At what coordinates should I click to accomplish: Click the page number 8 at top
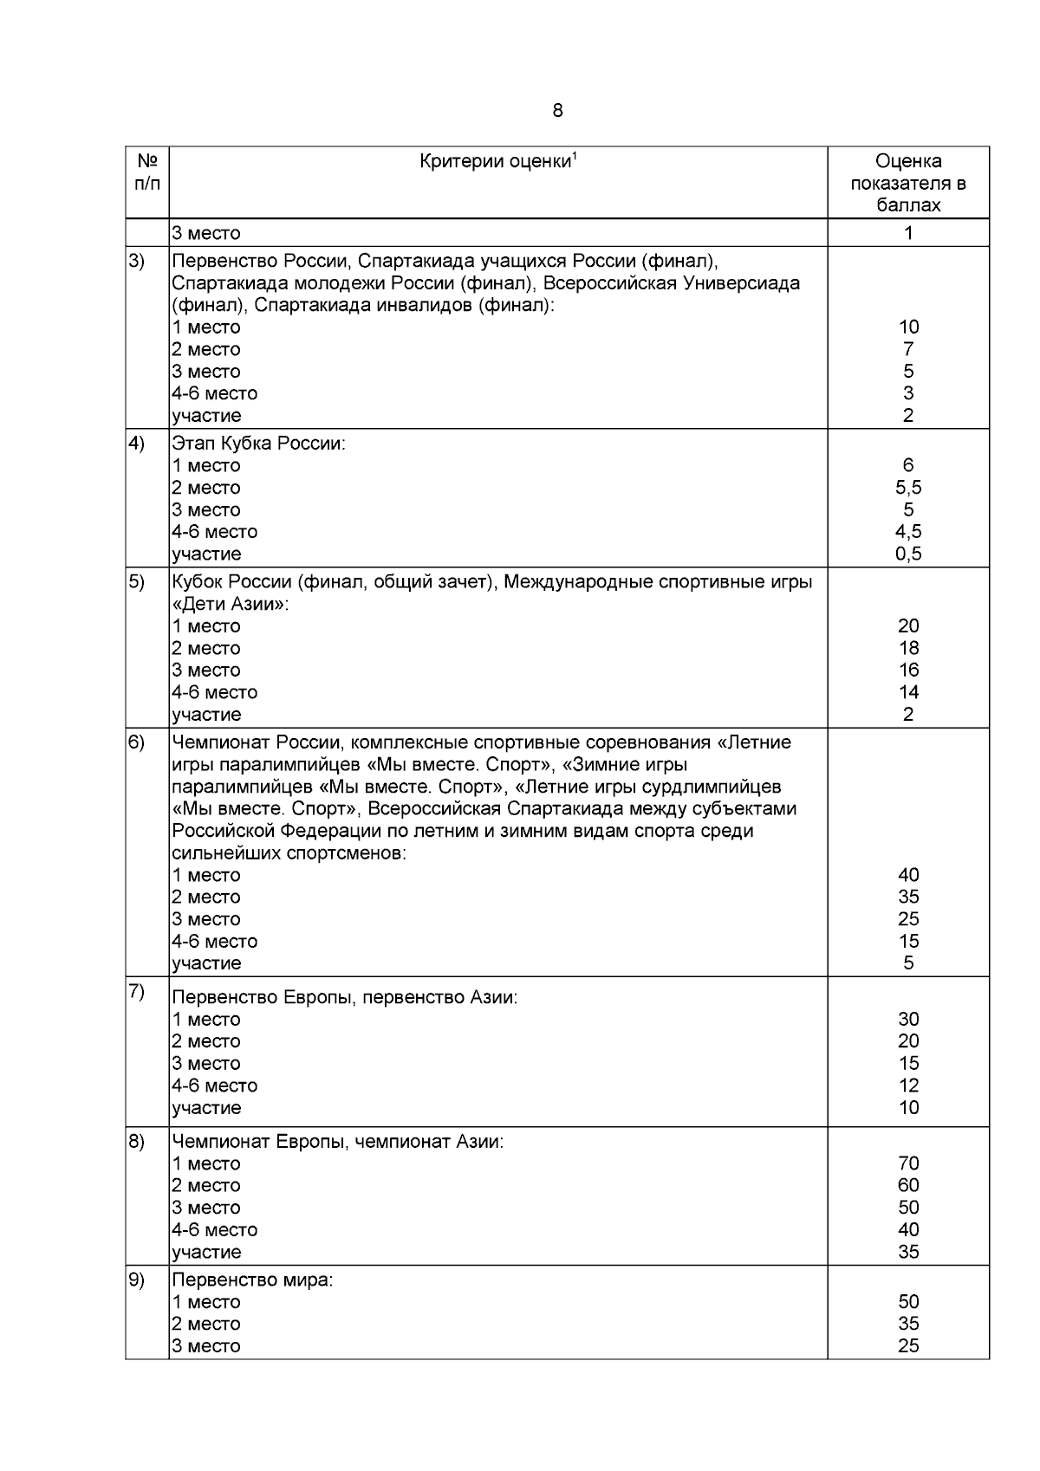[556, 111]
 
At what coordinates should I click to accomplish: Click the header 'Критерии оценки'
[495, 162]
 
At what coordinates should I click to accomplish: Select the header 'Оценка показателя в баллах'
[907, 183]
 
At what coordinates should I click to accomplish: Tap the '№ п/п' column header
[146, 172]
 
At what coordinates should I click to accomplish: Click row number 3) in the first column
[137, 262]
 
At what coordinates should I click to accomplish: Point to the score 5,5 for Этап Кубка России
[907, 488]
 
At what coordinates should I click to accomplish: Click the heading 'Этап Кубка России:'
[258, 444]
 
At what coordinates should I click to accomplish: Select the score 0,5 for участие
[907, 554]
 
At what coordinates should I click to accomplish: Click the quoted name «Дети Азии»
[230, 604]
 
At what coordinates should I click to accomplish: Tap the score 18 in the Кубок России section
[907, 648]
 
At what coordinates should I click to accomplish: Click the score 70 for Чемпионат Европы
[907, 1163]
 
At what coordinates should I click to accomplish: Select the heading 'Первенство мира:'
[251, 1280]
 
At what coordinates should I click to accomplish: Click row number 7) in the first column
[137, 992]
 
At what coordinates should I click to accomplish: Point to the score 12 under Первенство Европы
[907, 1085]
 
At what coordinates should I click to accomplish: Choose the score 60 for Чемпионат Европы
[907, 1185]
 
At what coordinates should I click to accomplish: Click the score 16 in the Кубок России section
[907, 670]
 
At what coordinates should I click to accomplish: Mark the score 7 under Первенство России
[907, 349]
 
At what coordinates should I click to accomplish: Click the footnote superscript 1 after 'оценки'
[575, 156]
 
